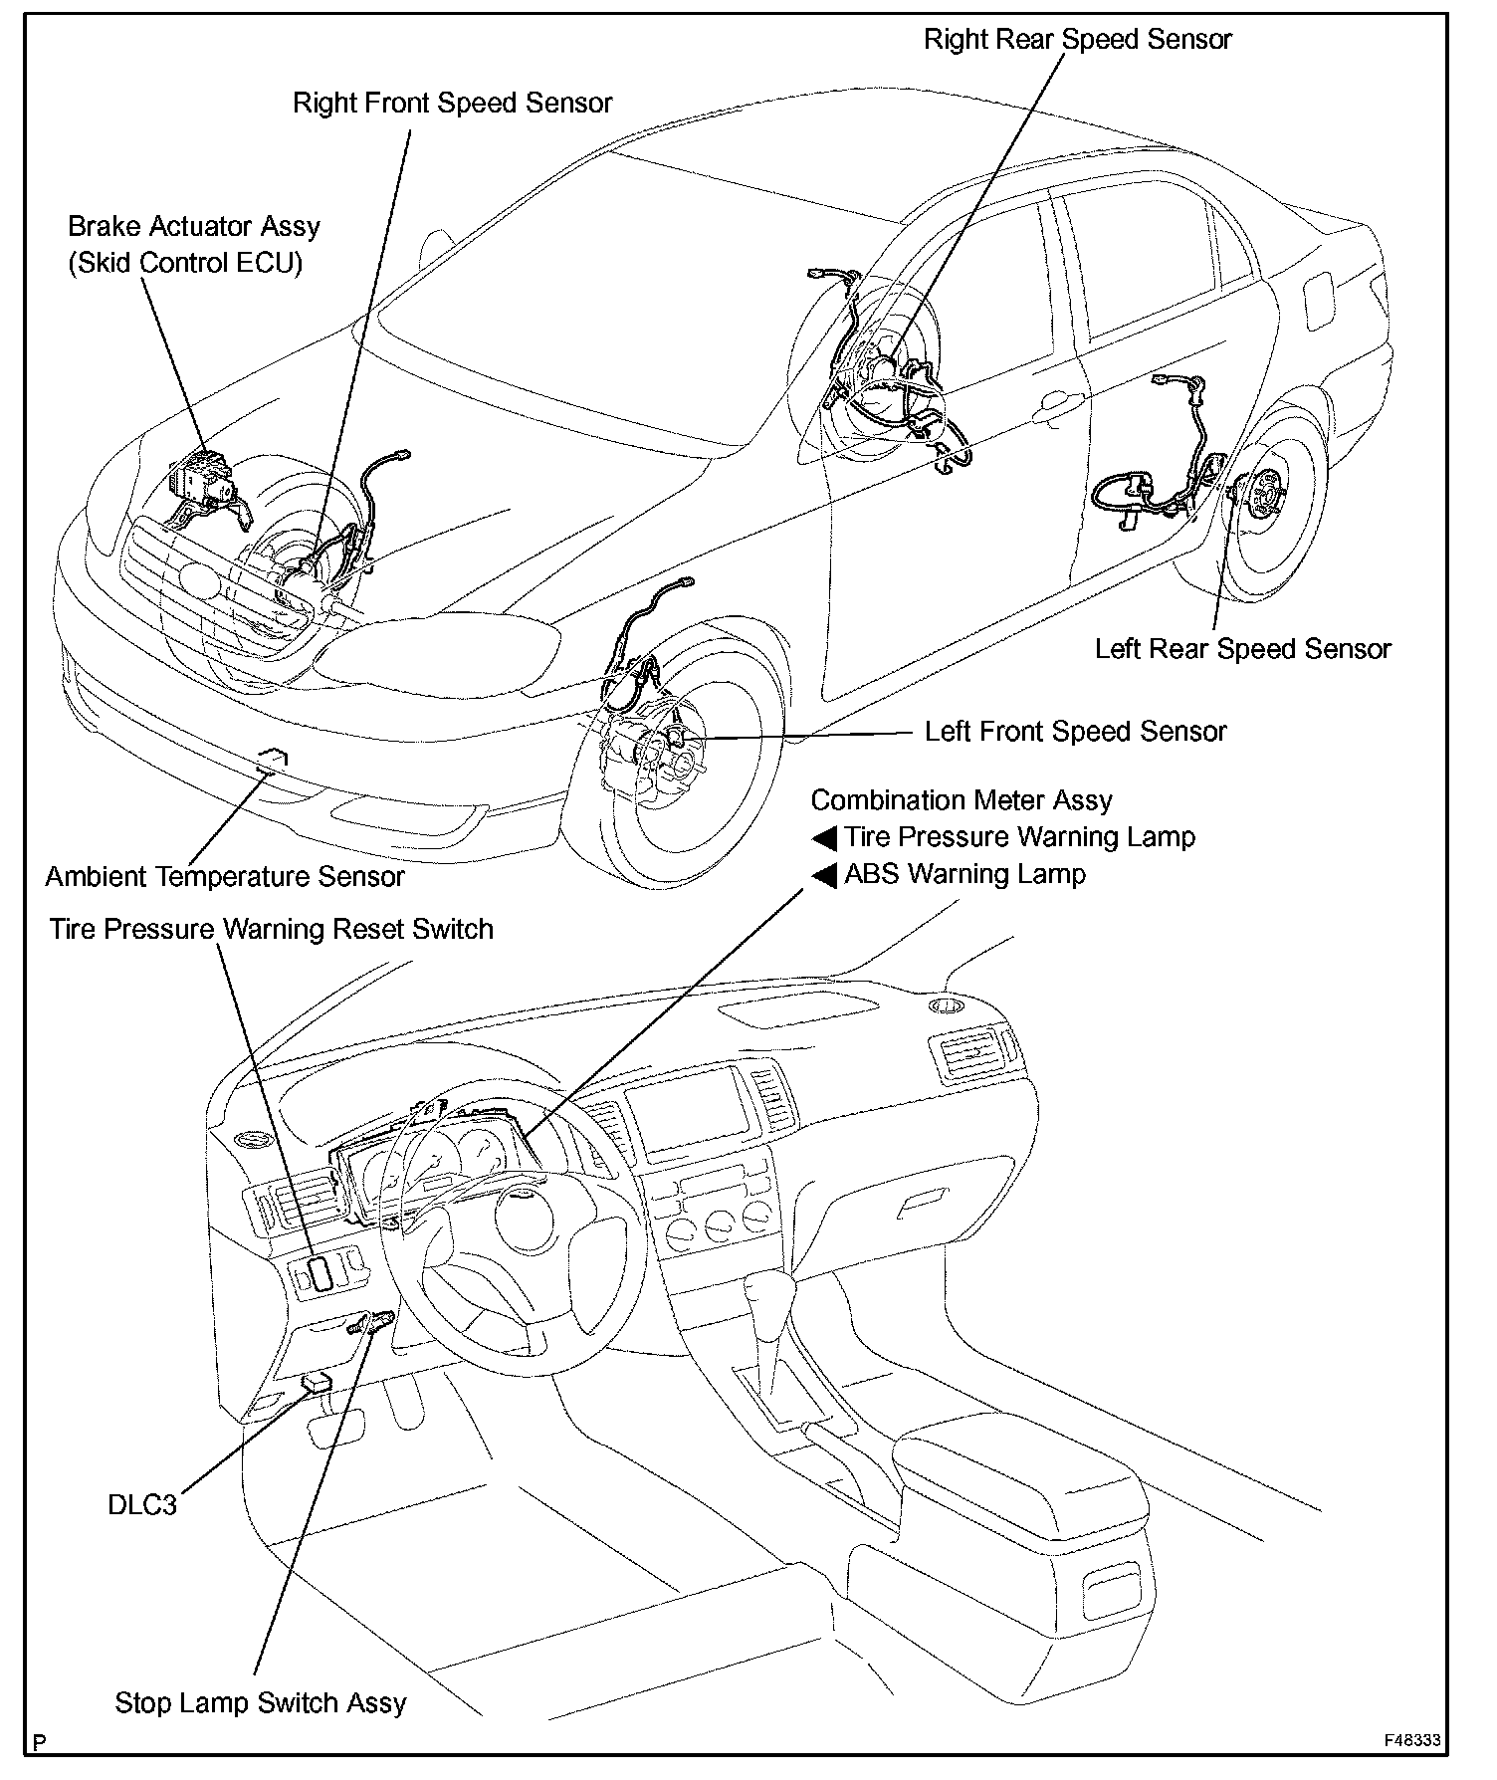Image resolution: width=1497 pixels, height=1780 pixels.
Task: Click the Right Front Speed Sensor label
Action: pos(452,104)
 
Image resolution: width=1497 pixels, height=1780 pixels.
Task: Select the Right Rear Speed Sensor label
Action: pos(1077,40)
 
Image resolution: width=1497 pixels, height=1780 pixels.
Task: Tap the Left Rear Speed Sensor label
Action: pos(1242,649)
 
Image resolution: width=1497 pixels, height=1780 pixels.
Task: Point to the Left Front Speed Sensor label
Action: pos(1075,732)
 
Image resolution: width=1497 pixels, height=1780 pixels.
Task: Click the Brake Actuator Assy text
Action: pos(194,227)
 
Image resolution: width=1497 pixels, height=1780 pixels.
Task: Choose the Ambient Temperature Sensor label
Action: pos(225,877)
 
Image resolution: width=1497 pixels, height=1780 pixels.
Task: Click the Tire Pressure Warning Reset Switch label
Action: pos(272,930)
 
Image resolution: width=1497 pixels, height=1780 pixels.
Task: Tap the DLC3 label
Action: pos(142,1504)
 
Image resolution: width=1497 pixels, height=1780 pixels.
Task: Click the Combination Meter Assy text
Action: pos(962,800)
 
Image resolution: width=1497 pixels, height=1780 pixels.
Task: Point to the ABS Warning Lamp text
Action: pos(964,874)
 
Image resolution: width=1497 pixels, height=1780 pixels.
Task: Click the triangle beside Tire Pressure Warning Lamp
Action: pos(824,838)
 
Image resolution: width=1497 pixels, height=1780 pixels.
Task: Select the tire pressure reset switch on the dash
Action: pos(321,1273)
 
